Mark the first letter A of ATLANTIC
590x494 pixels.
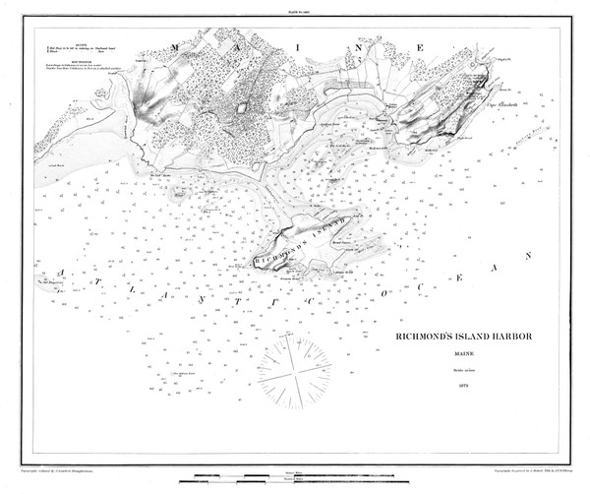pos(61,268)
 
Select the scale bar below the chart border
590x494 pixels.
pos(295,476)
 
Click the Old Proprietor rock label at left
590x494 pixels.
pos(49,284)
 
